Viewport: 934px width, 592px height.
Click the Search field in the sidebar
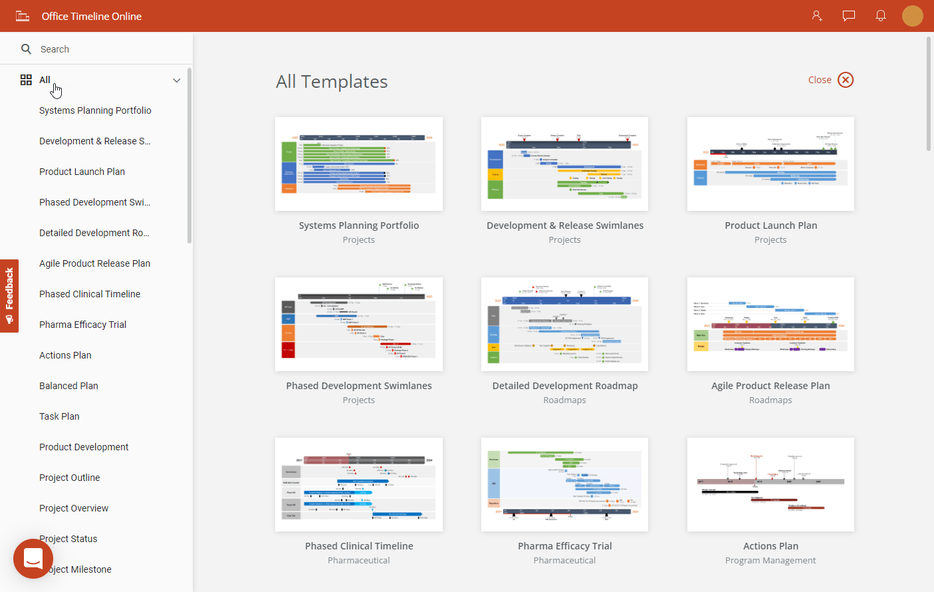100,49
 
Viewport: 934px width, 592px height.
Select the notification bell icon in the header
881,16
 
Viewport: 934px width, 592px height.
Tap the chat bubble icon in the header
849,16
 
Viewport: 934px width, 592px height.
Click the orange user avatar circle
913,16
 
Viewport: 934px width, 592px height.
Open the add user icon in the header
817,16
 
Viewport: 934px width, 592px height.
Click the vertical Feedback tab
9,295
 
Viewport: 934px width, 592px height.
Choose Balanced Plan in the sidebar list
68,386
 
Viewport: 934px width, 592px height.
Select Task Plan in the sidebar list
59,416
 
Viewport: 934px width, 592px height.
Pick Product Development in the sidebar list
84,447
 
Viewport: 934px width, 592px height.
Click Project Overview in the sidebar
74,508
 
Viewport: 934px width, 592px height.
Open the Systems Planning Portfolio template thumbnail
359,164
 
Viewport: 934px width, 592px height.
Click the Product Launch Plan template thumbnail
770,164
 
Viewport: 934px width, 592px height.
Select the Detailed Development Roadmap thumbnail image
564,325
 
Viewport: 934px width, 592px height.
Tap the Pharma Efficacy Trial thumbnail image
564,485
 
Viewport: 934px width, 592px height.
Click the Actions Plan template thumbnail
770,485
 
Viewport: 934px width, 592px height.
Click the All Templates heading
332,82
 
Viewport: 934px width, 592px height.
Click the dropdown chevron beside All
177,80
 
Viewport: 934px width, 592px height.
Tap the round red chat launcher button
33,559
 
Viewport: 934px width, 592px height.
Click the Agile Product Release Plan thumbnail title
770,386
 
